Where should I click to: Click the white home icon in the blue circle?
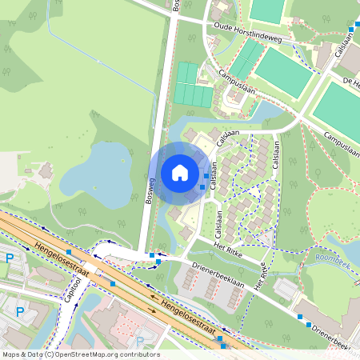point(180,173)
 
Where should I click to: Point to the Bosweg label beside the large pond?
point(150,189)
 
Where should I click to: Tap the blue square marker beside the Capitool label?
point(113,282)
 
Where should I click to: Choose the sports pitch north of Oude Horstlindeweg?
point(268,10)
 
